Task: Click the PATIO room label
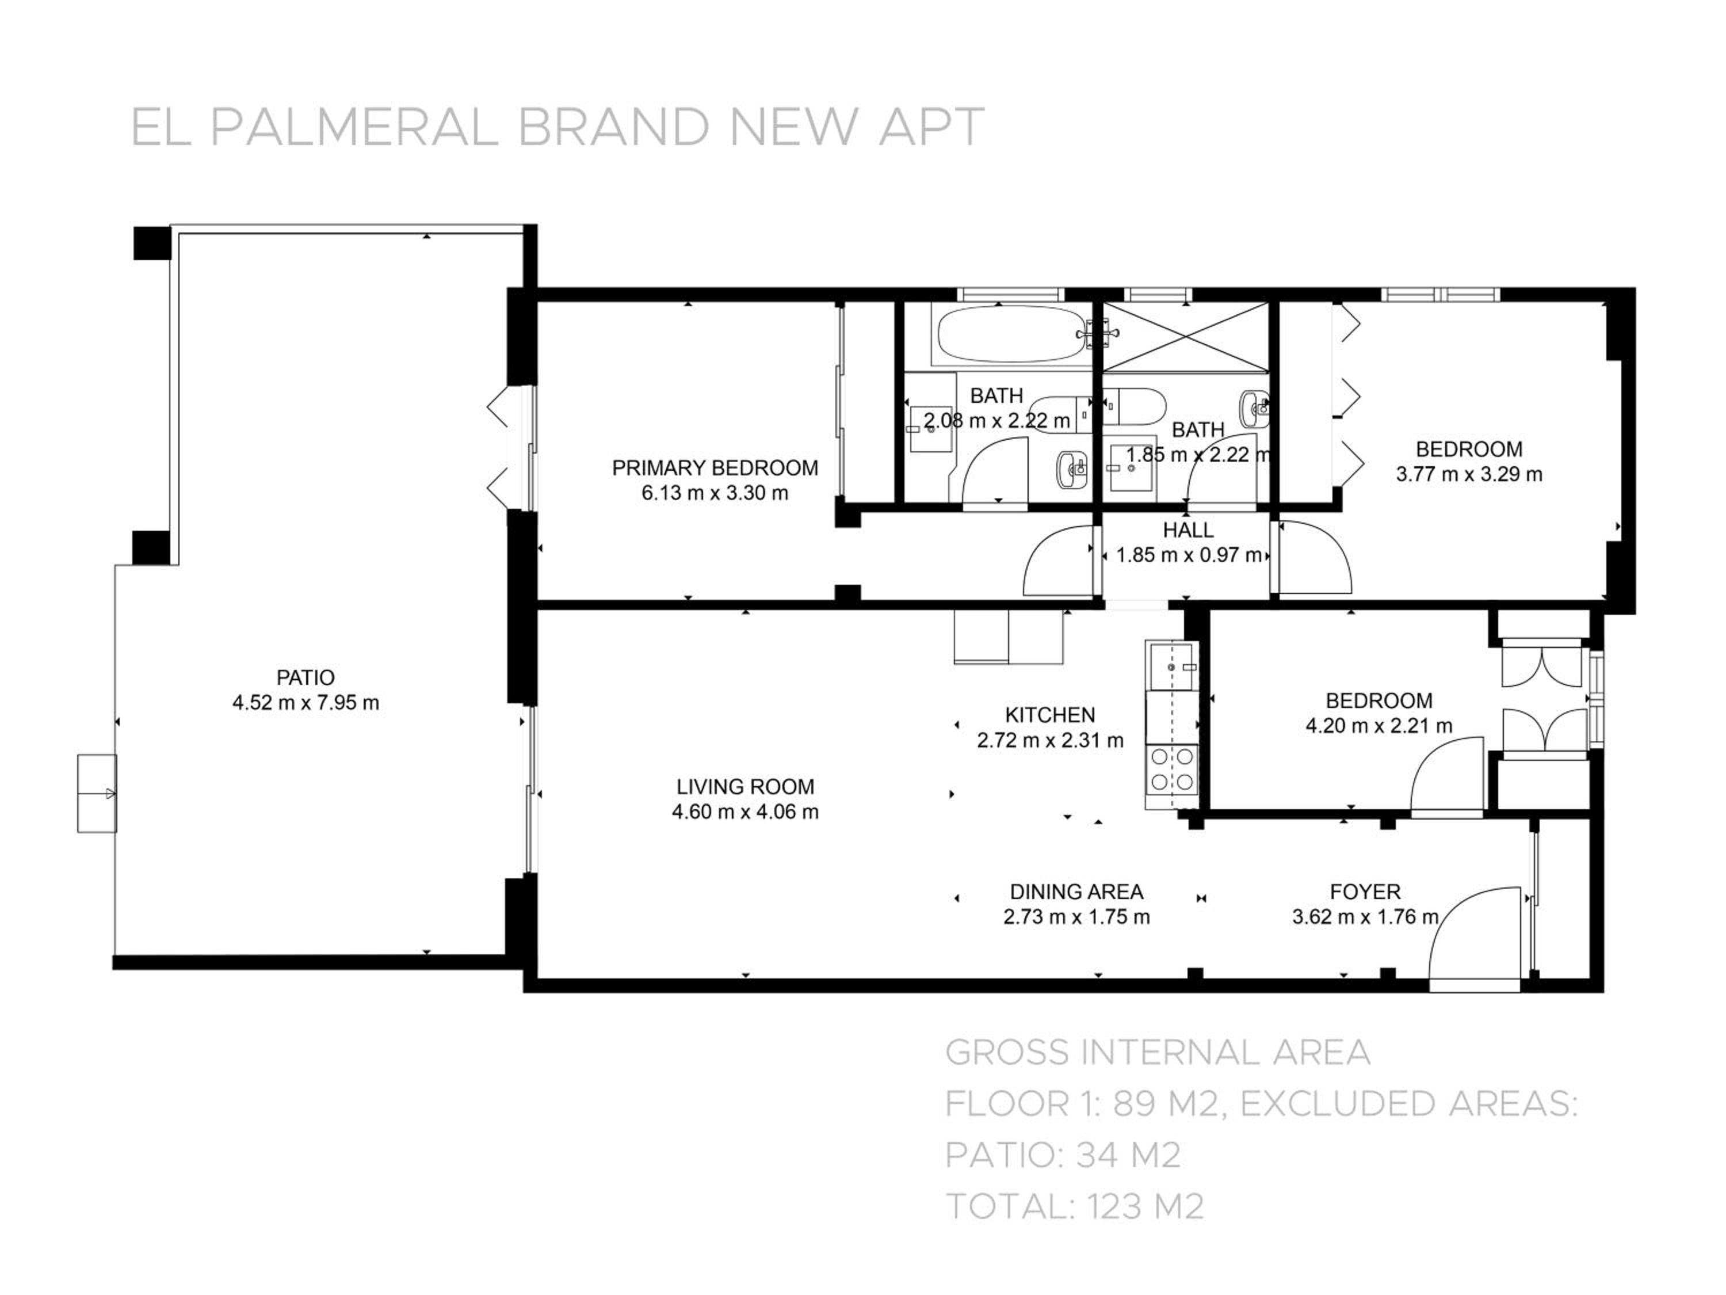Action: [x=305, y=677]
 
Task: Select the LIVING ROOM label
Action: [x=745, y=786]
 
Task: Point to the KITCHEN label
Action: [x=1049, y=714]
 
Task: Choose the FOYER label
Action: [x=1365, y=892]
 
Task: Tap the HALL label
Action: [x=1187, y=530]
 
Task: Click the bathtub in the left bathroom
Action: [x=1011, y=336]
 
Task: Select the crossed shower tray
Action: [x=1185, y=337]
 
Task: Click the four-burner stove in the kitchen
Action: [x=1172, y=769]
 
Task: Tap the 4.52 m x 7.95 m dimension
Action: [x=305, y=703]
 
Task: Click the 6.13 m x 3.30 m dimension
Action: [x=715, y=493]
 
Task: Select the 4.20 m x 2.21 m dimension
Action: [x=1378, y=725]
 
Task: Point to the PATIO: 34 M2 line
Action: [x=1063, y=1155]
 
